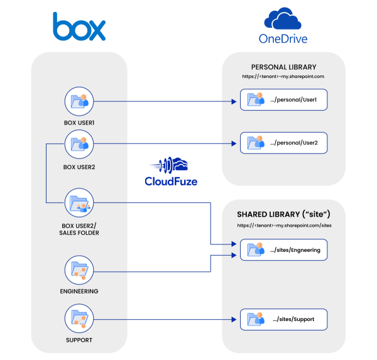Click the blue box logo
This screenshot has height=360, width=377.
click(79, 27)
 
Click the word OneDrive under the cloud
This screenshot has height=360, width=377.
click(283, 38)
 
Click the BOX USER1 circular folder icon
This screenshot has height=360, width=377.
click(79, 101)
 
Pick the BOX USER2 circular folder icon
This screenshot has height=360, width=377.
click(79, 145)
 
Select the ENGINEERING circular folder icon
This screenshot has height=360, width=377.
click(79, 271)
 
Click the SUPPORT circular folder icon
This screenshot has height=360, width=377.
click(79, 320)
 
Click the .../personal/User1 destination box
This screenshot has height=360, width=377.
click(283, 100)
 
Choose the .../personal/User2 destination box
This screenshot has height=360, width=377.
click(283, 143)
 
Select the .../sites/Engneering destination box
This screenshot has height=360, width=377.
click(283, 249)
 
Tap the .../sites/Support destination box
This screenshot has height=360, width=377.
click(283, 319)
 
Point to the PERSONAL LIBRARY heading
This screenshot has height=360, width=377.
click(283, 67)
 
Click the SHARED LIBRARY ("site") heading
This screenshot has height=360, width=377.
click(283, 214)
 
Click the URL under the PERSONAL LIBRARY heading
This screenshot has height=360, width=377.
click(283, 76)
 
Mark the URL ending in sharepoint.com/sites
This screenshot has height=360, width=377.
click(283, 225)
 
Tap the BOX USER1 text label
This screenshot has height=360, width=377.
click(79, 123)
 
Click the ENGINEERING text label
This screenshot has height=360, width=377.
click(79, 292)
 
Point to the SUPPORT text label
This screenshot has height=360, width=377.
click(79, 340)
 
